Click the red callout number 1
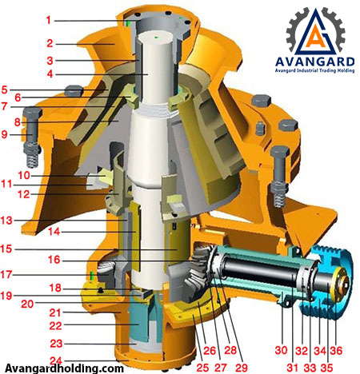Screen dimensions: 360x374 (x=48, y=20)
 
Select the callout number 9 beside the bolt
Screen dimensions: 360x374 (x=5, y=134)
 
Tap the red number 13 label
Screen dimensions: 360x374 (x=6, y=221)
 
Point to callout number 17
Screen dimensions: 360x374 (x=6, y=274)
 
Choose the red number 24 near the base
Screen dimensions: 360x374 (x=56, y=360)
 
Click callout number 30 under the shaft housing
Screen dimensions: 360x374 (x=282, y=350)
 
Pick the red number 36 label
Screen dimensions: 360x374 (x=336, y=350)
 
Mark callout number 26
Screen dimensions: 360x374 (x=210, y=350)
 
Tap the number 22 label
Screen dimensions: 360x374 (x=55, y=325)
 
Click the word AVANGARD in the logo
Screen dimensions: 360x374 (x=315, y=62)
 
